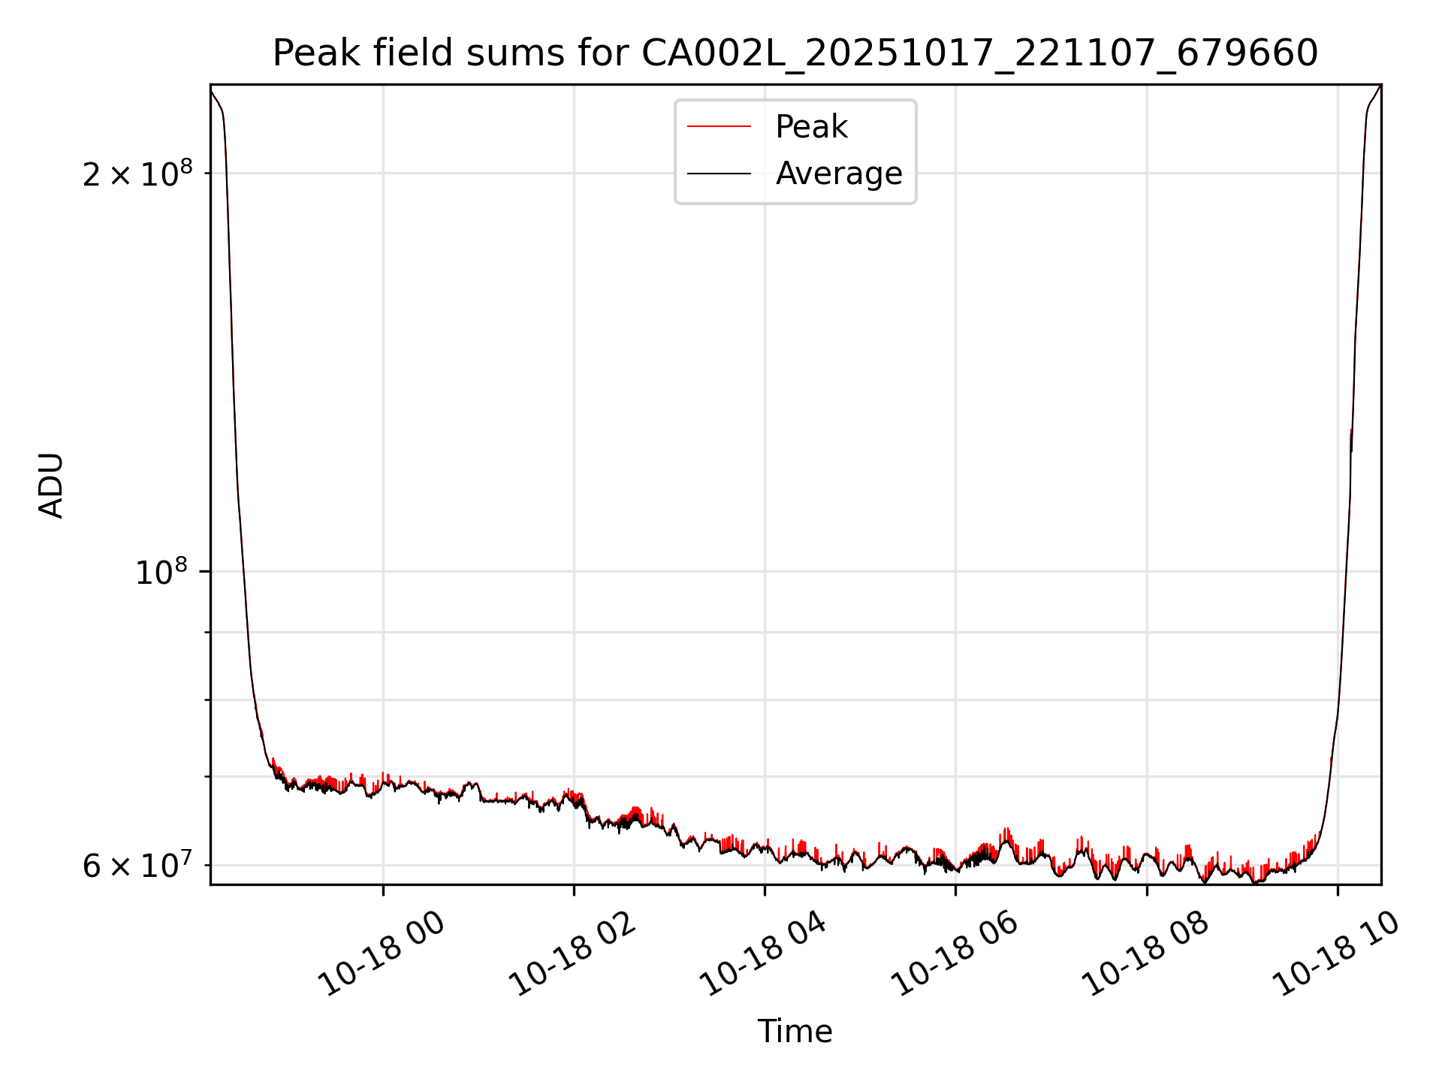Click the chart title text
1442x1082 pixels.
(x=795, y=53)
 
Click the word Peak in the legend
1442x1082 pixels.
(x=811, y=127)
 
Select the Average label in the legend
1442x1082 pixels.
(x=838, y=174)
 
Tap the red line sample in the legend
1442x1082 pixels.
(x=719, y=127)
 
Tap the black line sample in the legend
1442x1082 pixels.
(x=719, y=174)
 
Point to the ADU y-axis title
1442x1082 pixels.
(x=51, y=485)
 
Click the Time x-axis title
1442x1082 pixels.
(x=795, y=1031)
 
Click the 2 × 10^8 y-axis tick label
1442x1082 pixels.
(x=137, y=174)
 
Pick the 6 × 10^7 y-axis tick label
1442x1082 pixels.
(x=137, y=866)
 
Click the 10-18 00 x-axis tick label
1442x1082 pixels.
(x=382, y=954)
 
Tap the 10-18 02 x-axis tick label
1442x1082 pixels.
(x=572, y=954)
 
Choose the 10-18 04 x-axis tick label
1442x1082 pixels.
(x=763, y=954)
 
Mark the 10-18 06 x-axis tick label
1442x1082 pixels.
(x=954, y=954)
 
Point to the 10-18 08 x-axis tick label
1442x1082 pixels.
(x=1145, y=954)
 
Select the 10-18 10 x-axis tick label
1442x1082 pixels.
(x=1335, y=954)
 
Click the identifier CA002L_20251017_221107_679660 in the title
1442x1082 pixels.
(x=979, y=53)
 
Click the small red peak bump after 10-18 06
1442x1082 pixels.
(x=1006, y=833)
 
